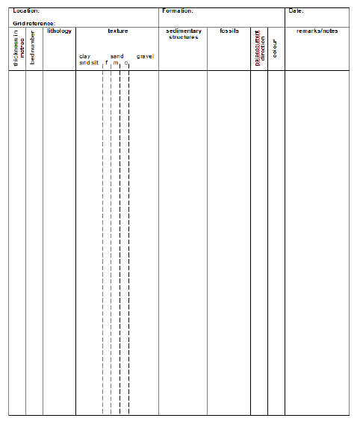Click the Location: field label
pyautogui.click(x=26, y=11)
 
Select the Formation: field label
pyautogui.click(x=178, y=11)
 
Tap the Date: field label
pyautogui.click(x=297, y=11)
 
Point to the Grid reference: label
pyautogui.click(x=34, y=24)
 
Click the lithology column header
pyautogui.click(x=59, y=31)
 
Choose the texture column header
pyautogui.click(x=117, y=31)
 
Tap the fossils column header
pyautogui.click(x=229, y=31)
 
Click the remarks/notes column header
pyautogui.click(x=317, y=31)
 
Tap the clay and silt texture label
pyautogui.click(x=88, y=60)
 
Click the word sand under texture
pyautogui.click(x=117, y=57)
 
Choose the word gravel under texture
pyautogui.click(x=145, y=57)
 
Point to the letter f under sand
pyautogui.click(x=106, y=63)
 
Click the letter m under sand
pyautogui.click(x=116, y=64)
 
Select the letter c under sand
pyautogui.click(x=125, y=64)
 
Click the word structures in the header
pyautogui.click(x=183, y=37)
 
